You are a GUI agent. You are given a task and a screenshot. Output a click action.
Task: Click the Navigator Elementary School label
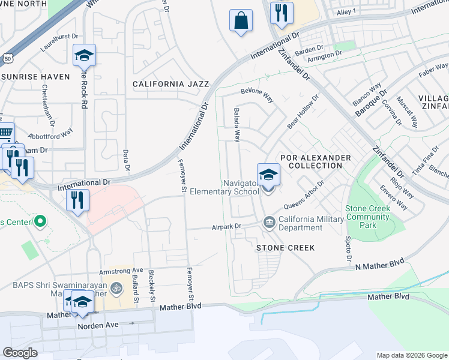[224, 187]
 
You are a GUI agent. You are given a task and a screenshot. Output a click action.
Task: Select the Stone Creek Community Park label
[367, 217]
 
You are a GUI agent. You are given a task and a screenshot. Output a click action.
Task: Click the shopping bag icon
[241, 20]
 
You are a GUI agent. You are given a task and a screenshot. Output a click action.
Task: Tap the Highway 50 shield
[6, 59]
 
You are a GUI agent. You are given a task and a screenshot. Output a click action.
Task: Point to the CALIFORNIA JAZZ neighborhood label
[166, 85]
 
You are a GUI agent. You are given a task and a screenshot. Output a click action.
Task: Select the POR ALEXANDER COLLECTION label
[315, 161]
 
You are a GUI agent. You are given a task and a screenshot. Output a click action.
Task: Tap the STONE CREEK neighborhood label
[285, 247]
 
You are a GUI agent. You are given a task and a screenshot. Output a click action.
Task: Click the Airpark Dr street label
[226, 227]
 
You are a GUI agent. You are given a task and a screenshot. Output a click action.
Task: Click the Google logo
[20, 353]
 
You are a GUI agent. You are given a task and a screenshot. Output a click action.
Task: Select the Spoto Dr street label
[348, 247]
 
